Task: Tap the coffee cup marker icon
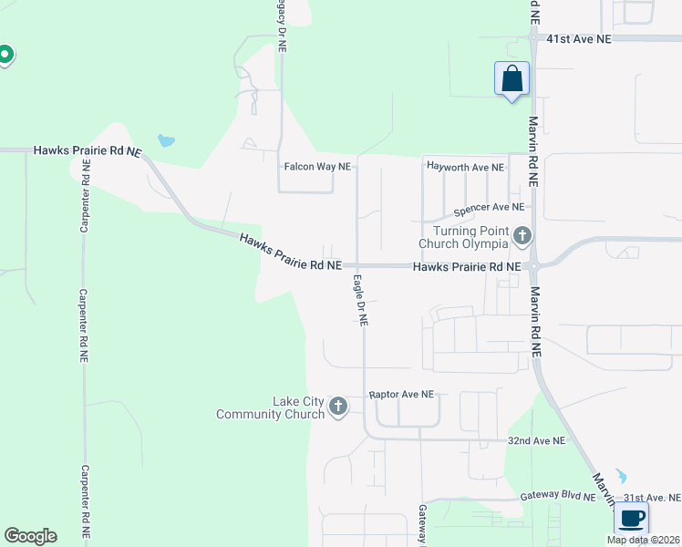pyautogui.click(x=631, y=518)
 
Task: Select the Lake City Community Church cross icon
pyautogui.click(x=338, y=407)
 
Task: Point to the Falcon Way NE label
pyautogui.click(x=317, y=167)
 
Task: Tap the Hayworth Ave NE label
pyautogui.click(x=465, y=168)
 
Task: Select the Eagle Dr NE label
pyautogui.click(x=360, y=300)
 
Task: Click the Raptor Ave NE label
pyautogui.click(x=401, y=395)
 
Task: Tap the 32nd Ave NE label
pyautogui.click(x=536, y=440)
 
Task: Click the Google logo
pyautogui.click(x=30, y=536)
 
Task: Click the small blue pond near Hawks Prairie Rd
pyautogui.click(x=165, y=140)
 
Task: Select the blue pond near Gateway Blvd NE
pyautogui.click(x=621, y=476)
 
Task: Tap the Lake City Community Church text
pyautogui.click(x=271, y=408)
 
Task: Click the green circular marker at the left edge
pyautogui.click(x=5, y=56)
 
